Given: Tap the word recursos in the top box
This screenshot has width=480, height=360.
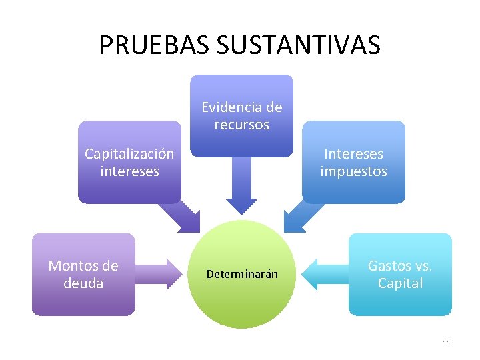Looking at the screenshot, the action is (x=241, y=125).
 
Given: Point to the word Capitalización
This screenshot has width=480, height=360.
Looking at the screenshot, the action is (x=129, y=154).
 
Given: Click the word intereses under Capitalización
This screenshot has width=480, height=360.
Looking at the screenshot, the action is (x=129, y=171).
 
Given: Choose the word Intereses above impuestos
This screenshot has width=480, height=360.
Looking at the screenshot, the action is (x=353, y=154).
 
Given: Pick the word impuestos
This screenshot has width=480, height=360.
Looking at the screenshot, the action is (x=353, y=171).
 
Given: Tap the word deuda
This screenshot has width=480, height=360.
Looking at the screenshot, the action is (x=83, y=283).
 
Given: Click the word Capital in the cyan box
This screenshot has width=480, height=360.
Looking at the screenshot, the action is (x=400, y=283).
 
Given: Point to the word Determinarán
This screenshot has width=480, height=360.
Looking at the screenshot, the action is (x=241, y=275).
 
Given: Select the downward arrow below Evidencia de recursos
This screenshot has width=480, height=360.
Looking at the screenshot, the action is (x=241, y=190).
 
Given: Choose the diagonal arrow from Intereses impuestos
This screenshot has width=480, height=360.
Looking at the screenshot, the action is (x=303, y=217).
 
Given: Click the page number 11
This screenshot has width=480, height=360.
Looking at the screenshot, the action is (x=446, y=343).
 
